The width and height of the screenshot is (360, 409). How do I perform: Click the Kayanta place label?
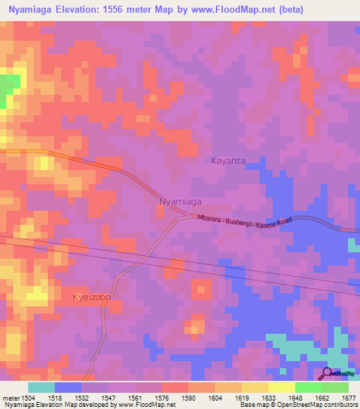pyautogui.click(x=229, y=160)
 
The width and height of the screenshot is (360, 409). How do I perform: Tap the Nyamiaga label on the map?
pyautogui.click(x=181, y=202)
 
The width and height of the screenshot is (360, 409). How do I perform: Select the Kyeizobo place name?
pyautogui.click(x=93, y=297)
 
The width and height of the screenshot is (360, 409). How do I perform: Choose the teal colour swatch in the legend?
pyautogui.click(x=41, y=387)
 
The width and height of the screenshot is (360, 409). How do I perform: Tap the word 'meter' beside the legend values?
pyautogui.click(x=10, y=397)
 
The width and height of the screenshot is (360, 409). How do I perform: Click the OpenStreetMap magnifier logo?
pyautogui.click(x=328, y=372)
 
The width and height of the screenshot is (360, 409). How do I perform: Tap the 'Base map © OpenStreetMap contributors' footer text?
pyautogui.click(x=298, y=405)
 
